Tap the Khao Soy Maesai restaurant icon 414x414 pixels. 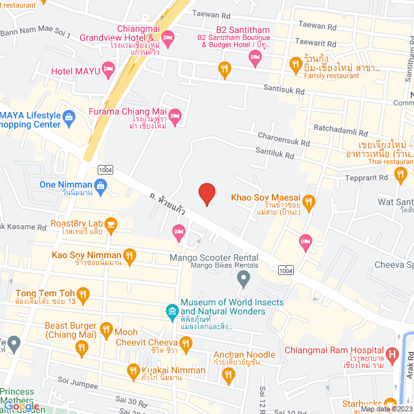pyautogui.click(x=309, y=202)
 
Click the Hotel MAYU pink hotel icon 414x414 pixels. pyautogui.click(x=107, y=69)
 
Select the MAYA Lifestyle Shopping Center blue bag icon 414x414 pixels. pyautogui.click(x=69, y=117)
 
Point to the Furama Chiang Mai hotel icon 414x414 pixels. pyautogui.click(x=175, y=116)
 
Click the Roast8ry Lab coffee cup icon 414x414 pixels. pyautogui.click(x=111, y=224)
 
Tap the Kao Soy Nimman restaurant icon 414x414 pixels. pyautogui.click(x=129, y=256)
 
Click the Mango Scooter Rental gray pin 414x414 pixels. pyautogui.click(x=243, y=279)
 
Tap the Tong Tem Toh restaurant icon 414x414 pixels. pyautogui.click(x=82, y=293)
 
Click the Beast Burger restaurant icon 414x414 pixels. pyautogui.click(x=82, y=347)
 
